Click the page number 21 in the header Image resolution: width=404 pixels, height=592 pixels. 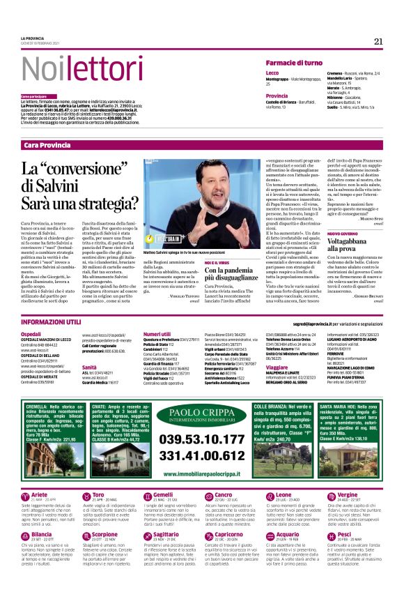click(x=378, y=41)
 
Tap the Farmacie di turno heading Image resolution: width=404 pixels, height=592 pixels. click(x=294, y=63)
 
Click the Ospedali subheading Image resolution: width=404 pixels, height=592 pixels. click(x=31, y=334)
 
